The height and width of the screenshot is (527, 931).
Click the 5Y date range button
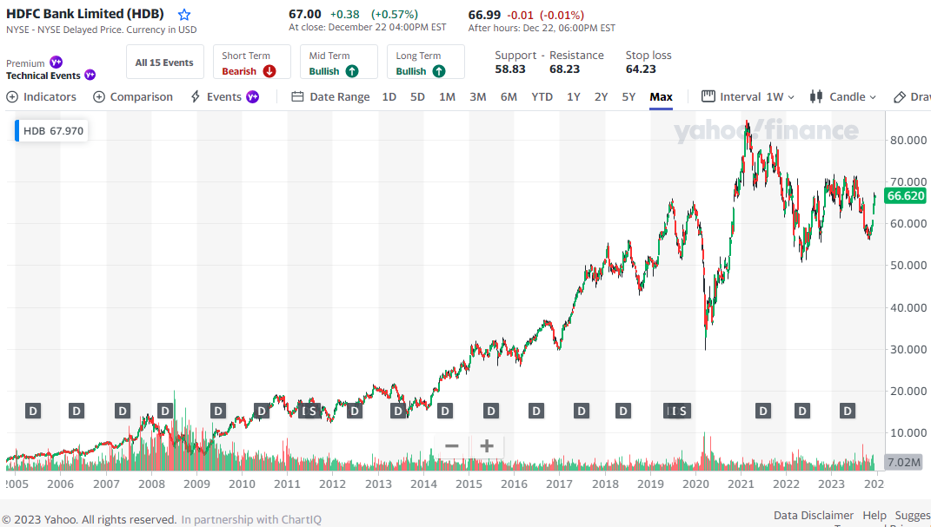click(628, 97)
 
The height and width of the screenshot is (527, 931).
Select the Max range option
click(661, 97)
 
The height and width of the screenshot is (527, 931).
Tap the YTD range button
click(542, 97)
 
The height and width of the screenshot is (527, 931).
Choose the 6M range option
click(509, 97)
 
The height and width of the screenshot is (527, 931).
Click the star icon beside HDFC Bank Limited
click(184, 15)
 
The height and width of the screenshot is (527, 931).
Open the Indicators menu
click(42, 97)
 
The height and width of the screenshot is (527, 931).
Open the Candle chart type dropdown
click(843, 97)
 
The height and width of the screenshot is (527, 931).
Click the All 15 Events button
click(164, 63)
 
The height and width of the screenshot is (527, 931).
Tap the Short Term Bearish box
click(248, 63)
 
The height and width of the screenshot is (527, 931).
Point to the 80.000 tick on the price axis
click(908, 140)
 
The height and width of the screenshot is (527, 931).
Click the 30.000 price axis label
click(908, 349)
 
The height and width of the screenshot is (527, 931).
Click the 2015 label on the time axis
click(469, 484)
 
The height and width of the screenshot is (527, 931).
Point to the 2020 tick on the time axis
click(695, 484)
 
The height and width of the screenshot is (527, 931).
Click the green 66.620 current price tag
click(906, 196)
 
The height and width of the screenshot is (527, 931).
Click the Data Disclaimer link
click(814, 516)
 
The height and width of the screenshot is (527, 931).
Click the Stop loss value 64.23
click(641, 69)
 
